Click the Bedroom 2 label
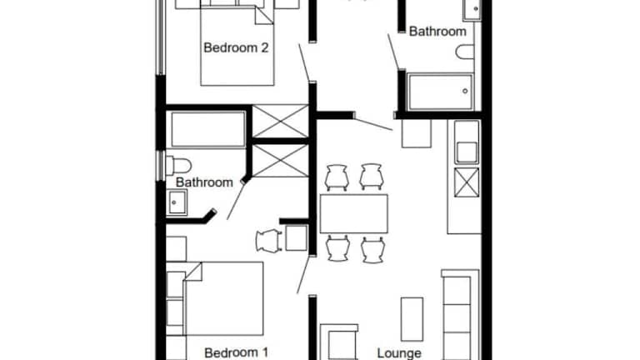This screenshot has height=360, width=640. [236, 47]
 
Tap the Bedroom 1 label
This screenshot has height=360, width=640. [237, 352]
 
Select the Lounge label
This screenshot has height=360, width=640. [399, 353]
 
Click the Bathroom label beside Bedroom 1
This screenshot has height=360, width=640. [204, 182]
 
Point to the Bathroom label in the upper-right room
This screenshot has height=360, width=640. [437, 32]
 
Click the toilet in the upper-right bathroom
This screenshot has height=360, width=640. [465, 52]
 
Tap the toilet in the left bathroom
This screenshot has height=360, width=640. [179, 166]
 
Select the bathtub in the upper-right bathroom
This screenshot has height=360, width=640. [440, 92]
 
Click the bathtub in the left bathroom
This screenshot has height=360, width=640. [208, 129]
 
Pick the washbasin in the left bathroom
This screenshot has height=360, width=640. [177, 202]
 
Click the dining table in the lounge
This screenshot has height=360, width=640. [354, 213]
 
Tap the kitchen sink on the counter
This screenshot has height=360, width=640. [466, 152]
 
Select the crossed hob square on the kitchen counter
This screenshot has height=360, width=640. [467, 182]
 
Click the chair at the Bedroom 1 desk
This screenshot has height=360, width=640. [268, 240]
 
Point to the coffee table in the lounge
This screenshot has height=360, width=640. [412, 319]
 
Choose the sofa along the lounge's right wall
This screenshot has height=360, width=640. [460, 315]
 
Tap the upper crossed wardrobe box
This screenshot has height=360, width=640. [280, 121]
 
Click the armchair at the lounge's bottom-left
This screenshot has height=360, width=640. [339, 342]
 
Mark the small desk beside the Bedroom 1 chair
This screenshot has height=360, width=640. [297, 237]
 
